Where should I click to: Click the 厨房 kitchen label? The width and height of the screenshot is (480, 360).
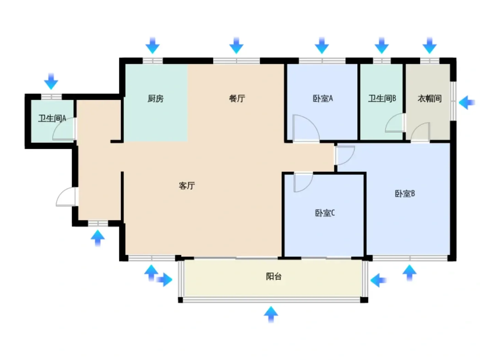click(155, 99)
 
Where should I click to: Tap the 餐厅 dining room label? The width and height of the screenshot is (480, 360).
click(237, 98)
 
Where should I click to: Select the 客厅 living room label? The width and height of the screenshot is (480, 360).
click(187, 185)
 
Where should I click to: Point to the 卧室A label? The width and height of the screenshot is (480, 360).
click(323, 99)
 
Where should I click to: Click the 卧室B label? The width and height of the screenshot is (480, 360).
click(405, 193)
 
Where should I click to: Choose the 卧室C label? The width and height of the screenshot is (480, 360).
click(325, 213)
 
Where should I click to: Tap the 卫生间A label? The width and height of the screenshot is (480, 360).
click(52, 118)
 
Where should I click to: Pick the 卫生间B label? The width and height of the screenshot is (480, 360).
click(382, 98)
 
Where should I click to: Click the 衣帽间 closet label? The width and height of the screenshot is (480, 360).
click(430, 99)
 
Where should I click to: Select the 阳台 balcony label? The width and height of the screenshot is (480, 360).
click(274, 276)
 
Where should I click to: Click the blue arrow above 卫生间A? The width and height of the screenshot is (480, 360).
click(51, 81)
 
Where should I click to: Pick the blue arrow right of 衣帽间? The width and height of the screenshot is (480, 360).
click(467, 102)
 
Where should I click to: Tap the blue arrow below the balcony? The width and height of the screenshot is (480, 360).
click(271, 314)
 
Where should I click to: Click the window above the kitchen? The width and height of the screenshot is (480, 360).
click(153, 61)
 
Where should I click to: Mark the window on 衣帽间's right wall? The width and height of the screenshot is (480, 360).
click(453, 101)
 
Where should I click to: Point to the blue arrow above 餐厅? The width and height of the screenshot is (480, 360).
click(236, 45)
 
